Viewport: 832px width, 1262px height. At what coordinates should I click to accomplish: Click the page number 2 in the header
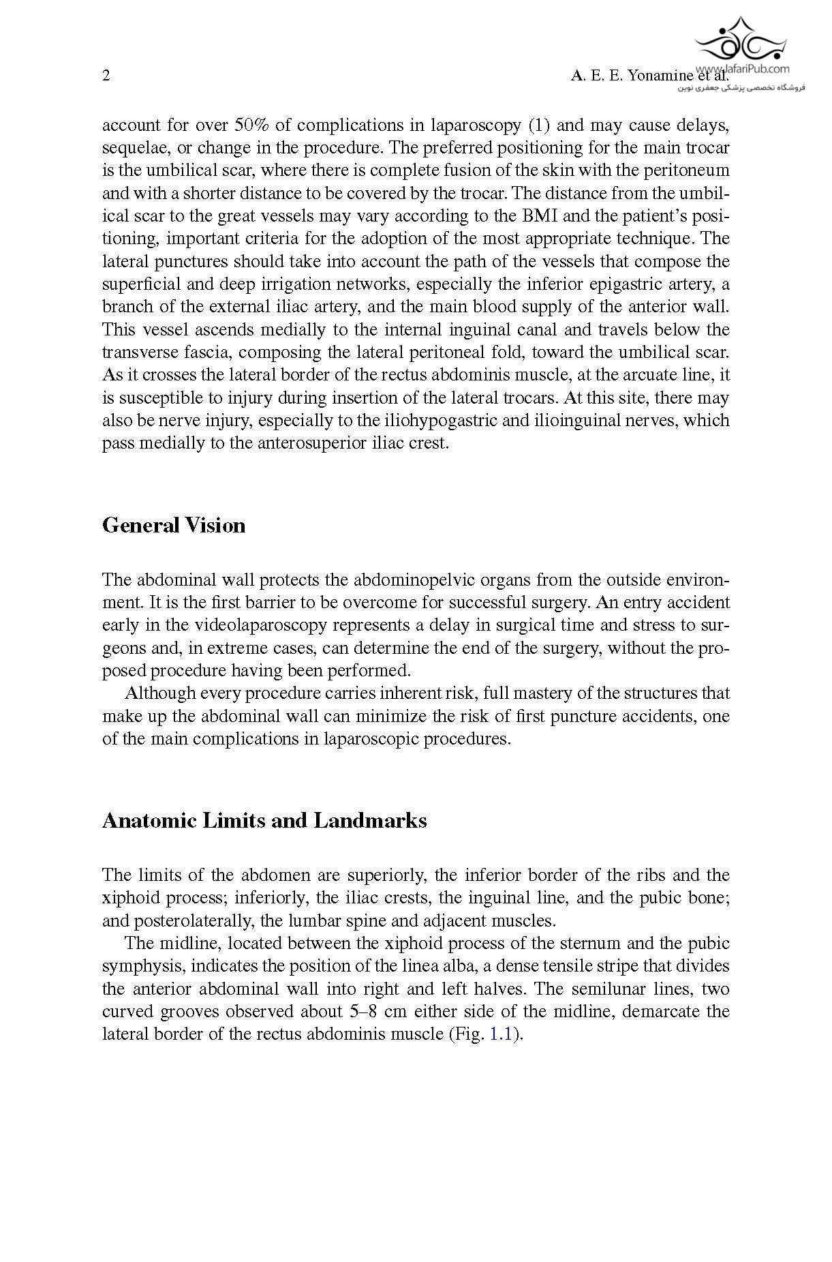pyautogui.click(x=106, y=76)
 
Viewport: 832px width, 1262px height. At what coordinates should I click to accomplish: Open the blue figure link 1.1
pyautogui.click(x=501, y=1034)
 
